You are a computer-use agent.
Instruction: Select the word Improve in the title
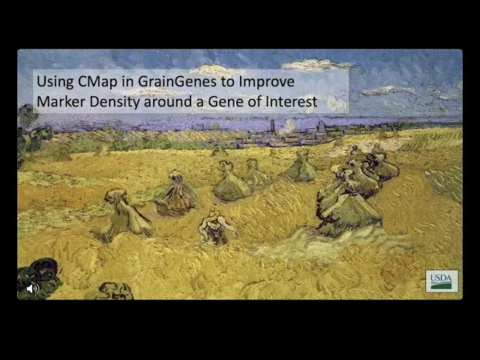tap(266, 82)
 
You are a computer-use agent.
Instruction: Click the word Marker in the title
tap(61, 102)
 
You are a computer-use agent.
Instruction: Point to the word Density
tap(115, 103)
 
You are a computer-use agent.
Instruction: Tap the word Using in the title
tap(55, 82)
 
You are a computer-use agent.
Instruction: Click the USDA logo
tap(442, 281)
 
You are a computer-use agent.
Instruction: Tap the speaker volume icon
tap(33, 288)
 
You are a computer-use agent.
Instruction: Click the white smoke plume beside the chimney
tap(287, 127)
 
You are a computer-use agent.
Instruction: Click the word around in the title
tap(168, 102)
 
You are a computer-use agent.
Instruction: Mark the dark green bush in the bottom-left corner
tap(38, 277)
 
